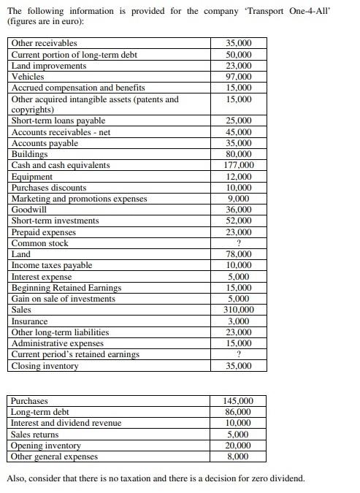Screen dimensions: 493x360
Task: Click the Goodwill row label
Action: pos(29,210)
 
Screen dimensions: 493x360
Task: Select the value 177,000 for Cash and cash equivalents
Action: pos(239,165)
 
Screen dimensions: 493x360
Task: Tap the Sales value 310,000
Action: pos(239,310)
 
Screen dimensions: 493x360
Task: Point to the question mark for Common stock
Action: pos(239,243)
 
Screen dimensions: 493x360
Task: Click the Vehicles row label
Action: pos(28,76)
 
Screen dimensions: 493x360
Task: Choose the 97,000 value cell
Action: pos(239,76)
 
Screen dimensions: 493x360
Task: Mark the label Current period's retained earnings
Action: pos(75,354)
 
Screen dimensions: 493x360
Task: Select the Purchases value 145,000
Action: pos(239,401)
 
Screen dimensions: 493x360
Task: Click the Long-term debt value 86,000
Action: pos(239,412)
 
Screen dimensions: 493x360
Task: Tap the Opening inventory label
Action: pos(46,446)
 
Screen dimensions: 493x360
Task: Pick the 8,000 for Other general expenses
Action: pos(239,456)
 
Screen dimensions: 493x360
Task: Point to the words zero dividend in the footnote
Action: pos(277,479)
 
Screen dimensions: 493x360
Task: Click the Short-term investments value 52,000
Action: pos(239,221)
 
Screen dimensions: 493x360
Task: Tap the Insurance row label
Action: pos(30,321)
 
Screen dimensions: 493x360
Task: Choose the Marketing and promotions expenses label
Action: pos(79,199)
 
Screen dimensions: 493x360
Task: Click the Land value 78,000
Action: pos(239,254)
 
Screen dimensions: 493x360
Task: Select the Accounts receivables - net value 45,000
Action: pos(239,132)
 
